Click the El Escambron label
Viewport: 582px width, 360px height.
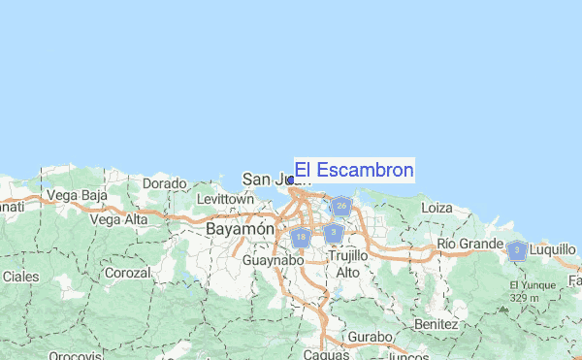354,171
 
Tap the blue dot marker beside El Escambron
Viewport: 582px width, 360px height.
291,180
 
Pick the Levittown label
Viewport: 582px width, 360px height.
224,199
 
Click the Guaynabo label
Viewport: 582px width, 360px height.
274,260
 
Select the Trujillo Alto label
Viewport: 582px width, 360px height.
348,263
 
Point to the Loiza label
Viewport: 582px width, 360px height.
437,207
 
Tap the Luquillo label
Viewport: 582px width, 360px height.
554,248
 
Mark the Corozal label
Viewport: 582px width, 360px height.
127,274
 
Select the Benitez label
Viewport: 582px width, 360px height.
435,322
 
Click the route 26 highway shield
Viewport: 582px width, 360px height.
340,206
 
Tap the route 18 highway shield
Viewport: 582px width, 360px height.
302,237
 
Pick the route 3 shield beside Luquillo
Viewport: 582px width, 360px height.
518,251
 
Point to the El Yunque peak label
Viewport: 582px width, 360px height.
530,284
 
